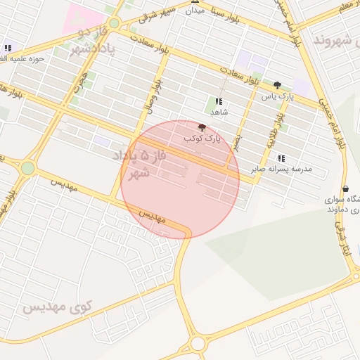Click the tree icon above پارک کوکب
202,127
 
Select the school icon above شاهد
219,101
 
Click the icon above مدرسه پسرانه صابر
282,159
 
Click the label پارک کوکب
202,139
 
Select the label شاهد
219,112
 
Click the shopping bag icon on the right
345,188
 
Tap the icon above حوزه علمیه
8,48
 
